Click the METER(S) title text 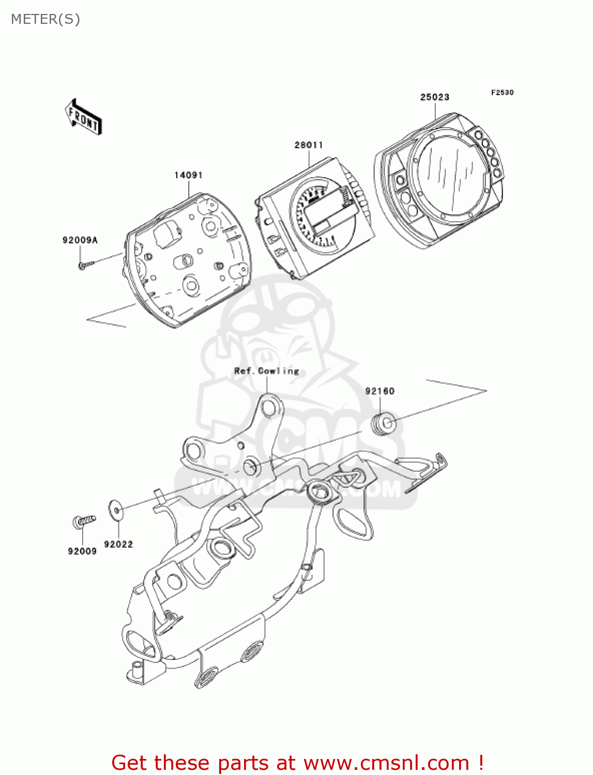pyautogui.click(x=45, y=19)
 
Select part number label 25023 pyautogui.click(x=434, y=97)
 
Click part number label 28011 pyautogui.click(x=309, y=145)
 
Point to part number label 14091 pyautogui.click(x=188, y=175)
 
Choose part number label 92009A pyautogui.click(x=80, y=240)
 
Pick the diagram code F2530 pyautogui.click(x=502, y=92)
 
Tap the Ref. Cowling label pyautogui.click(x=266, y=371)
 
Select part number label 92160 pyautogui.click(x=379, y=391)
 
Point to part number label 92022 pyautogui.click(x=118, y=544)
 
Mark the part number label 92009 pyautogui.click(x=82, y=551)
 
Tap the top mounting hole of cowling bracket pyautogui.click(x=269, y=408)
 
